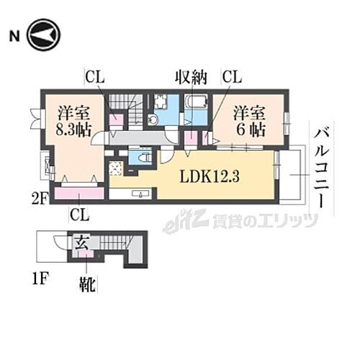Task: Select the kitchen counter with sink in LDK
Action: tap(133, 193)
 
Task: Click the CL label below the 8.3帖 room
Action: tap(79, 213)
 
